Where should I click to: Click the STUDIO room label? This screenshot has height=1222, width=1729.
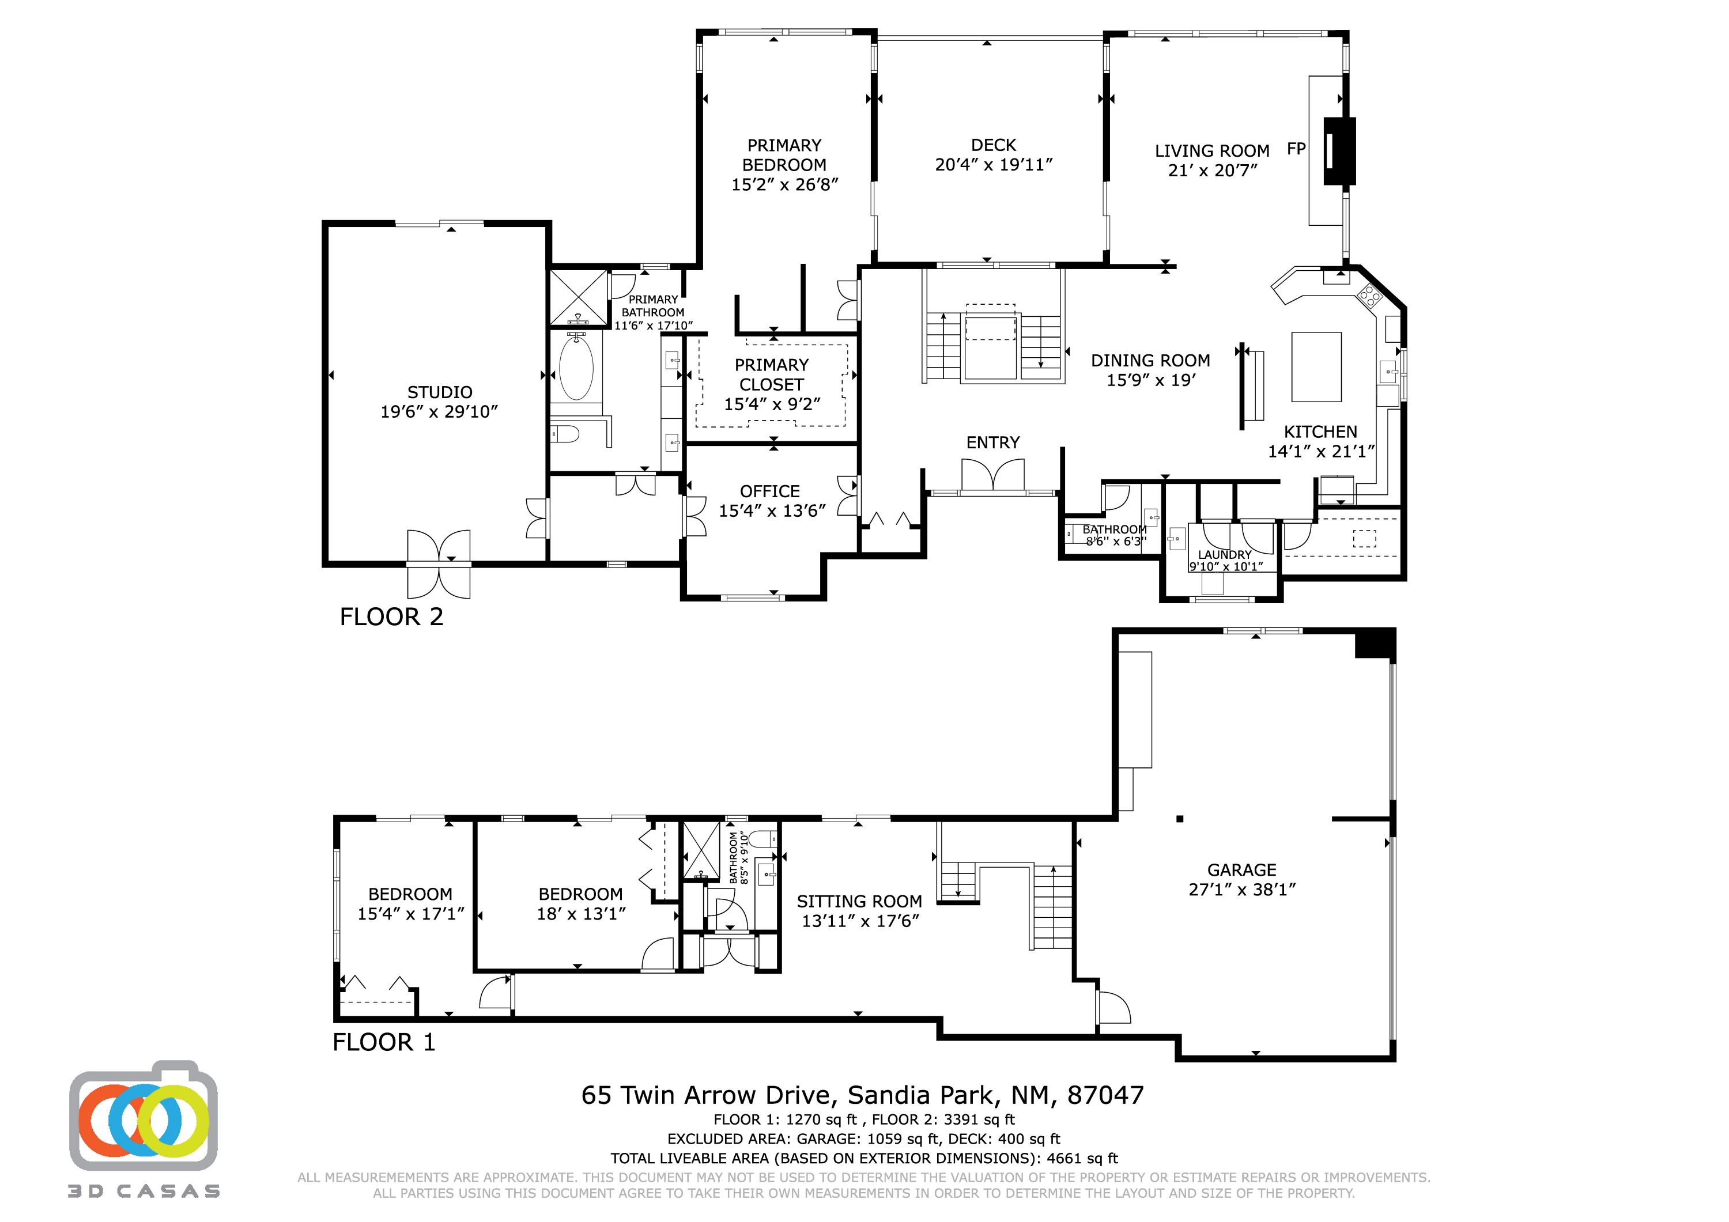[x=440, y=392]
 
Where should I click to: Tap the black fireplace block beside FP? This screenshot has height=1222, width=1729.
[x=1339, y=150]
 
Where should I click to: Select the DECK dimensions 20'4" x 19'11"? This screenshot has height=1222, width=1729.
[x=993, y=165]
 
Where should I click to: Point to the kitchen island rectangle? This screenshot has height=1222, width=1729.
[x=1316, y=366]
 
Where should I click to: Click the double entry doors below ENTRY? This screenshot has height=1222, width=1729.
[x=992, y=476]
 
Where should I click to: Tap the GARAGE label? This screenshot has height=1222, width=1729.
[x=1242, y=869]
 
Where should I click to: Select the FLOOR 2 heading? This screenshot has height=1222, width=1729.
[x=391, y=616]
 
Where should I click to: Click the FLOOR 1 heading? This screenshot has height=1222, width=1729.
[x=383, y=1042]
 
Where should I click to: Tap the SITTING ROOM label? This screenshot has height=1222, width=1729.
[x=859, y=901]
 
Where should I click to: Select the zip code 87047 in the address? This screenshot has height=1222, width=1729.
[x=1105, y=1095]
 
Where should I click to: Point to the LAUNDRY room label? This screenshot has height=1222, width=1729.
[x=1225, y=555]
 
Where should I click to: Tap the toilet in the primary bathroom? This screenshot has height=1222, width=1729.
[x=565, y=434]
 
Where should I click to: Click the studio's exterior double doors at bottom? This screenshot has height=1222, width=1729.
[x=439, y=564]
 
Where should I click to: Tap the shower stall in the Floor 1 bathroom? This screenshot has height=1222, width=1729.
[x=701, y=851]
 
